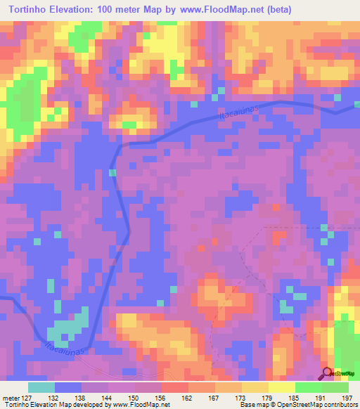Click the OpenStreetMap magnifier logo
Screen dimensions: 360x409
[x=326, y=373]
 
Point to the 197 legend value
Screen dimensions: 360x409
[x=348, y=397]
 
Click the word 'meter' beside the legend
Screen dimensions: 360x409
[x=9, y=397]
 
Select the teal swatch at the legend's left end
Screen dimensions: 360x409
[x=41, y=387]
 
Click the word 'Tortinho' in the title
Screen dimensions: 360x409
[x=27, y=9]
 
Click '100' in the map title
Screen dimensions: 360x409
[x=114, y=9]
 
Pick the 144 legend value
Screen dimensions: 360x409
[x=105, y=397]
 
